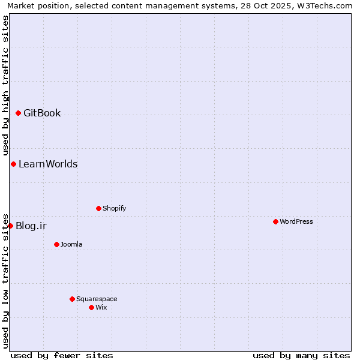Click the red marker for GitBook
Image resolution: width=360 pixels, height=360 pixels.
[x=18, y=113]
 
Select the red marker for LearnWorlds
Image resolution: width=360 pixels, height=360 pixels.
[x=13, y=164]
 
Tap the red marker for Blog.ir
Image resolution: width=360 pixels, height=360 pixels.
[x=10, y=226]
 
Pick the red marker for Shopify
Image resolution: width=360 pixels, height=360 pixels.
[x=98, y=208]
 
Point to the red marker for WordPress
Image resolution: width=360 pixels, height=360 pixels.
[x=275, y=221]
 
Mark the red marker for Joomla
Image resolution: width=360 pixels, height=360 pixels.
[x=56, y=244]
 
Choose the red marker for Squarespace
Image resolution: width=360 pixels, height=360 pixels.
[x=72, y=299]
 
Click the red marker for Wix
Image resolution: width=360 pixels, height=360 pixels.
[x=91, y=307]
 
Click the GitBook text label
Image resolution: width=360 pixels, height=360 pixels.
[x=42, y=113]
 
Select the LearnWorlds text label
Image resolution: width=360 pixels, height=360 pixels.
[x=48, y=164]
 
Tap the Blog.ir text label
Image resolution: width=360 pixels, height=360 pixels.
[x=31, y=226]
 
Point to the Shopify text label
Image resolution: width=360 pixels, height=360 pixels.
[x=114, y=208]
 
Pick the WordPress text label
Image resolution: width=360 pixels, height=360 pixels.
[x=296, y=221]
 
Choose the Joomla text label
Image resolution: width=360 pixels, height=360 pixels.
[x=71, y=244]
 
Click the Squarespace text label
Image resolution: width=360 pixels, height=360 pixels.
[x=97, y=299]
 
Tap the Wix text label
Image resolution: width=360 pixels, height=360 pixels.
[x=101, y=307]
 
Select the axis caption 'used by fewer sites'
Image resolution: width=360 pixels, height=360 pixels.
[x=62, y=355]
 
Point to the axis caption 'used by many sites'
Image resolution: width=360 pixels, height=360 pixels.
[x=301, y=355]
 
